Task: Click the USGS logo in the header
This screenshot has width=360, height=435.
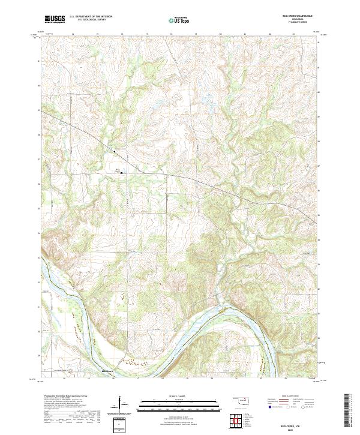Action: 55,20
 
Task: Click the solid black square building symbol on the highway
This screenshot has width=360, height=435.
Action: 115,152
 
